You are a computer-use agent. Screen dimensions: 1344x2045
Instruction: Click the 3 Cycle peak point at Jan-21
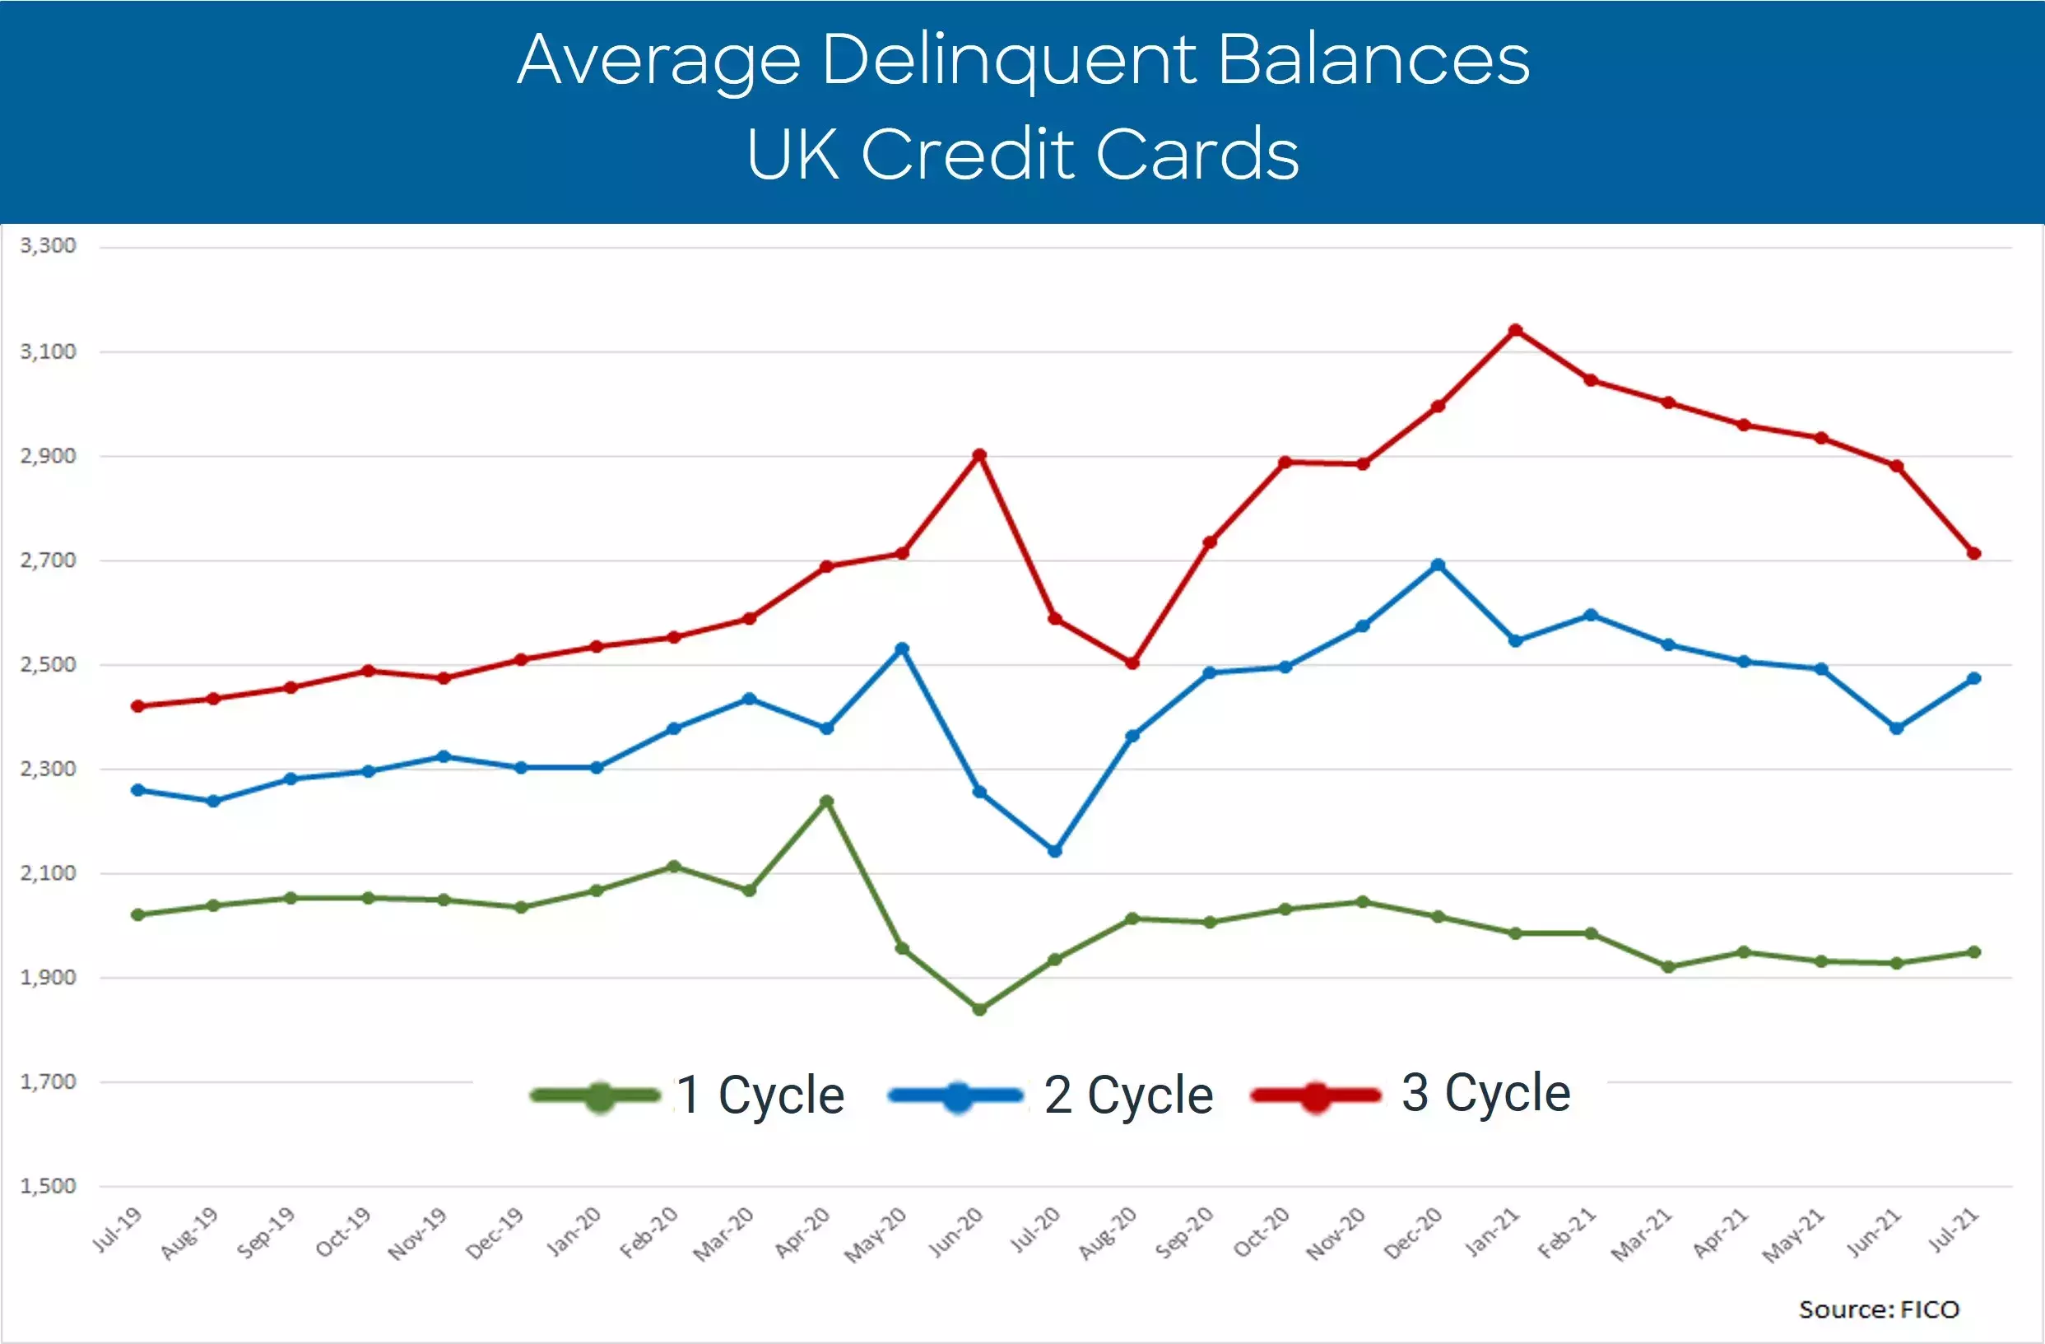click(x=1516, y=330)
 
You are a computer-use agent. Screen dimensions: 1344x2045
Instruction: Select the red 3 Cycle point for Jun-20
click(x=979, y=454)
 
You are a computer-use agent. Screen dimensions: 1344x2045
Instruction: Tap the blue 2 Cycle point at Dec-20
click(x=1438, y=565)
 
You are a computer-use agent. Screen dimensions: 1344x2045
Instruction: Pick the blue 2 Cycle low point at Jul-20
click(x=1055, y=851)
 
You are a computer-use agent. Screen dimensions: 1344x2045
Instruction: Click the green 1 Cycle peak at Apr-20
click(x=826, y=801)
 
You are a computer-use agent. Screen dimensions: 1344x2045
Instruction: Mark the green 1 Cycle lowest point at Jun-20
click(x=979, y=1009)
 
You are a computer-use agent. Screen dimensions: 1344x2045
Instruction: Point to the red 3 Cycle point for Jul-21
click(x=1974, y=553)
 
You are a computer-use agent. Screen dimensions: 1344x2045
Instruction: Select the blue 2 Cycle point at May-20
click(x=902, y=648)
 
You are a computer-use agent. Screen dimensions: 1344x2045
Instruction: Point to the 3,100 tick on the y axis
click(x=48, y=351)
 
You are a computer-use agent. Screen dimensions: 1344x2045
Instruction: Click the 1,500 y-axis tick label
click(x=48, y=1186)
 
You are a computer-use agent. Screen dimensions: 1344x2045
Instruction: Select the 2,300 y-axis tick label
click(x=48, y=768)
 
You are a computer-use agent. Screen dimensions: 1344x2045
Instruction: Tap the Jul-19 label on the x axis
click(x=117, y=1230)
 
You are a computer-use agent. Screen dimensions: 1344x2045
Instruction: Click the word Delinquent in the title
click(x=1011, y=60)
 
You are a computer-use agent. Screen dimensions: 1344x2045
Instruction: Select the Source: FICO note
click(x=1879, y=1309)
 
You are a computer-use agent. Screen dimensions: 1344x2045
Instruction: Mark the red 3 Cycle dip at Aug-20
click(x=1132, y=663)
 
